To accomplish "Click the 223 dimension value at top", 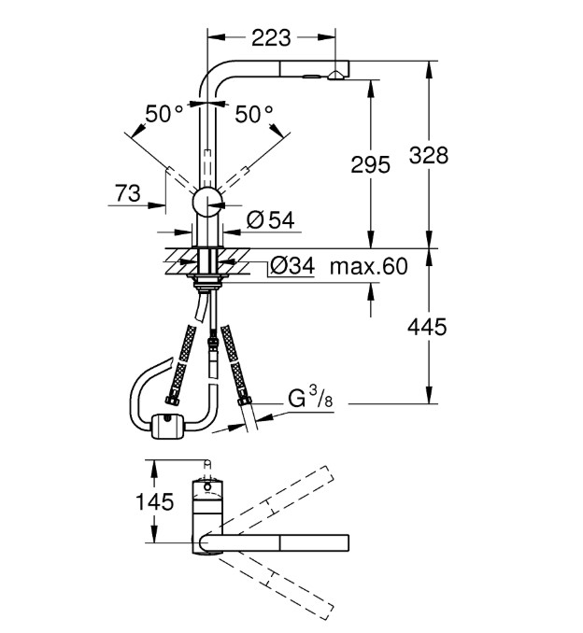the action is click(x=271, y=38).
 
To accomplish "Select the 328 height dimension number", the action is click(x=428, y=155).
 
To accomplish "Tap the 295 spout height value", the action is click(x=370, y=165).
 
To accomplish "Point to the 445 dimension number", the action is click(x=427, y=327).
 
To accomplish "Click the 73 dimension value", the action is click(x=128, y=193).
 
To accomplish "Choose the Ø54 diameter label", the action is click(x=270, y=220).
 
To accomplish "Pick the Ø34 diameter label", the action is click(x=292, y=266).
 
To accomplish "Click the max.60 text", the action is click(x=368, y=266).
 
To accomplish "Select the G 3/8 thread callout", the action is click(x=310, y=397).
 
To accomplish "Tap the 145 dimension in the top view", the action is click(x=154, y=501).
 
